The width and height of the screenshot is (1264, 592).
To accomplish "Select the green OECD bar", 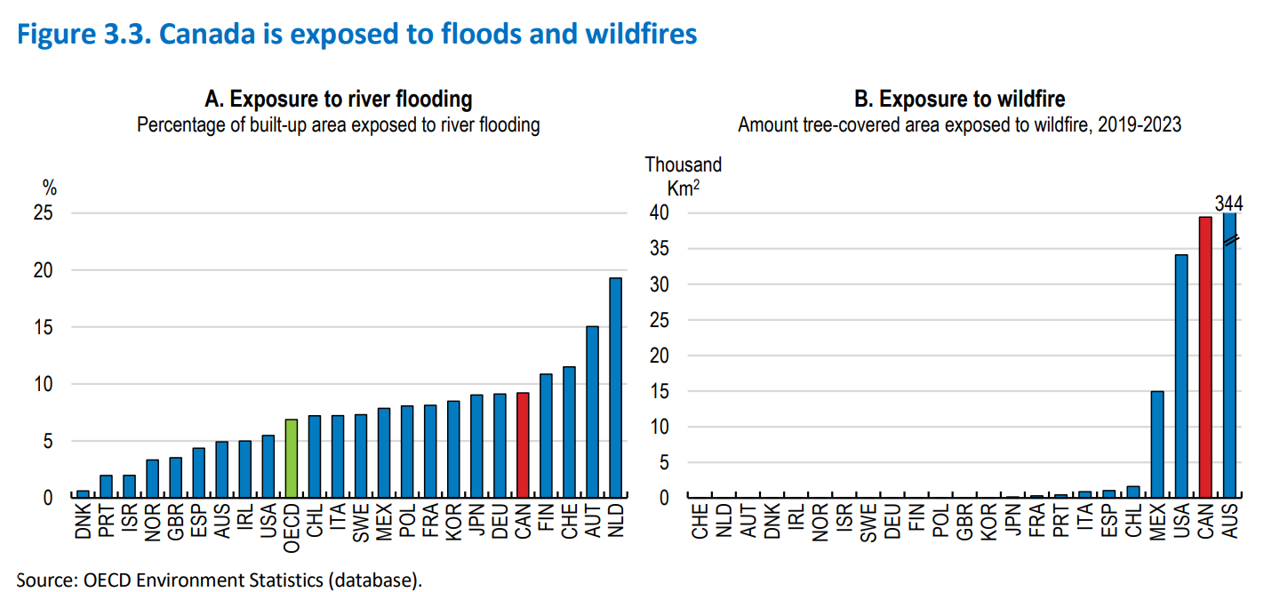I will [292, 459].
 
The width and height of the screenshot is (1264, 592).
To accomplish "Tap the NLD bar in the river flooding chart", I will [615, 388].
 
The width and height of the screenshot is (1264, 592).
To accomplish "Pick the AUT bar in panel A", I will [592, 412].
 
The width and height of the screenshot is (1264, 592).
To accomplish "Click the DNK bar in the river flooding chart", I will [83, 494].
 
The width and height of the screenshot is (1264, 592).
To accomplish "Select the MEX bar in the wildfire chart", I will [1157, 444].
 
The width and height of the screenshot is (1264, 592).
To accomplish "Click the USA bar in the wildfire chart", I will [1181, 376].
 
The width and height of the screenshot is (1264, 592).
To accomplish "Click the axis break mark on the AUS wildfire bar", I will [1230, 241].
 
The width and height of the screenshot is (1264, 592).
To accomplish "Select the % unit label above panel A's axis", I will [50, 188].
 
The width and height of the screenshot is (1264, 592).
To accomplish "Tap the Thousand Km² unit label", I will [683, 176].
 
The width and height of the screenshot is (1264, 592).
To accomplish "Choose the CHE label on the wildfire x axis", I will [700, 523].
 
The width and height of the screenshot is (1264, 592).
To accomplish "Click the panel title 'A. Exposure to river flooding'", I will [338, 98].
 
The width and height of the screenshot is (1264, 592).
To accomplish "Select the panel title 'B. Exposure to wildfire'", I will [959, 98].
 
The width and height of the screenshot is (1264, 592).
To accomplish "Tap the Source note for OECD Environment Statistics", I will [220, 580].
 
